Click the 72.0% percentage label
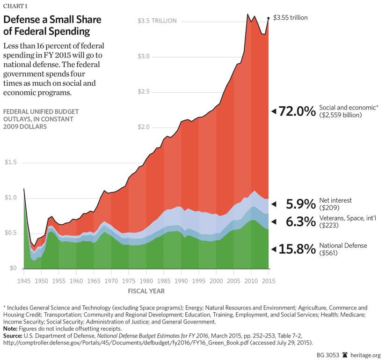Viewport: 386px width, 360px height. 297,111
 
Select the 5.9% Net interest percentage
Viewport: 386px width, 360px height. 297,204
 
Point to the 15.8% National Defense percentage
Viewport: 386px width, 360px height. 297,249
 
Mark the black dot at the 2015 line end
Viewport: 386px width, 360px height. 268,18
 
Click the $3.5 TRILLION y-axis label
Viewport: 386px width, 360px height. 157,21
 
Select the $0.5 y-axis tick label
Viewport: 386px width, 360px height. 11,233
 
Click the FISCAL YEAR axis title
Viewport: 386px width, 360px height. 146,291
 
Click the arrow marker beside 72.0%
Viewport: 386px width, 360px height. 274,111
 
